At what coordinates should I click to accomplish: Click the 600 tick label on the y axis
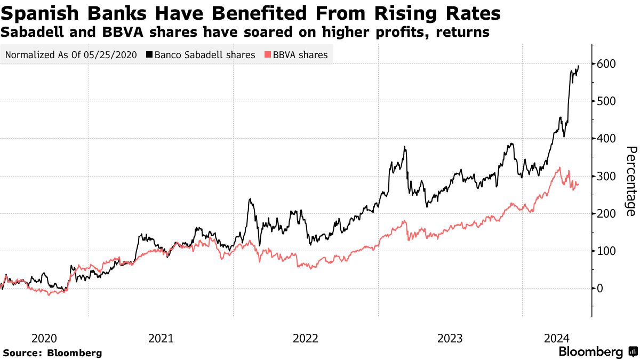coord(606,64)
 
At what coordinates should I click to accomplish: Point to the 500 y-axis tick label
coord(606,101)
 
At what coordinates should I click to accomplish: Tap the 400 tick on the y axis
coord(606,139)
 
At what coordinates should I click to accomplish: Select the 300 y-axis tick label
coord(606,176)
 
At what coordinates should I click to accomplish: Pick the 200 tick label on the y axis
coord(606,213)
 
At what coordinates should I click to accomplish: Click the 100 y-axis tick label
coord(606,251)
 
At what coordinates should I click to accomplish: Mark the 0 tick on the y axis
coord(600,288)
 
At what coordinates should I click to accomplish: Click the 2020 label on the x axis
coord(44,338)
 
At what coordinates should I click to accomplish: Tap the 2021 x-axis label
coord(161,338)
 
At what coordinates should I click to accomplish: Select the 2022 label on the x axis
coord(306,338)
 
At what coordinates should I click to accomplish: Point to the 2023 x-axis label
coord(450,338)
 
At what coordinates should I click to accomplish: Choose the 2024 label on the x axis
coord(557,338)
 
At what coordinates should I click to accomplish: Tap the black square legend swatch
coord(150,55)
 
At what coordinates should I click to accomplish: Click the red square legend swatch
coord(268,55)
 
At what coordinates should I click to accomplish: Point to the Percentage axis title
coord(630,181)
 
